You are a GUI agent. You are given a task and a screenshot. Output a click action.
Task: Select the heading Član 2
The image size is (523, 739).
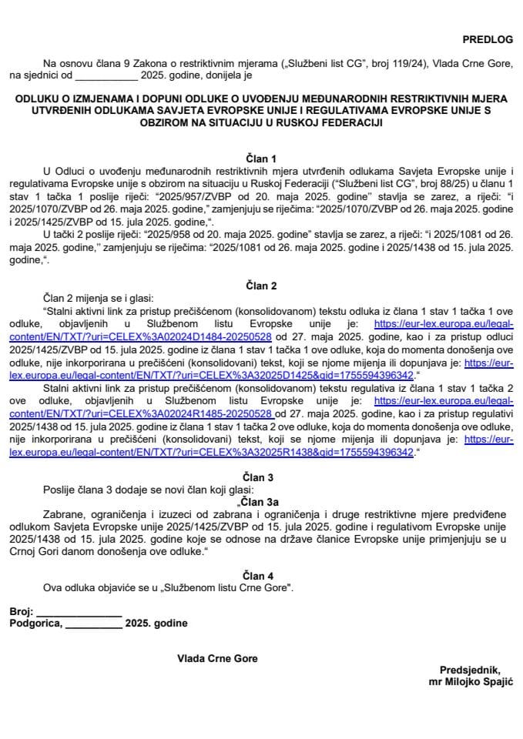[261, 286]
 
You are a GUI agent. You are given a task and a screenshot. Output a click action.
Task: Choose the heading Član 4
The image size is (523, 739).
[261, 575]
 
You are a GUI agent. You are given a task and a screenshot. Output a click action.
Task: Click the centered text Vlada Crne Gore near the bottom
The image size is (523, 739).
[217, 659]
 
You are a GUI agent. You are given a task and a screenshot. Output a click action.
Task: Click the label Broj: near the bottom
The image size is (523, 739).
[22, 611]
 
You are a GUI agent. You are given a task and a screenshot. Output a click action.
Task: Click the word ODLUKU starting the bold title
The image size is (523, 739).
[44, 99]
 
